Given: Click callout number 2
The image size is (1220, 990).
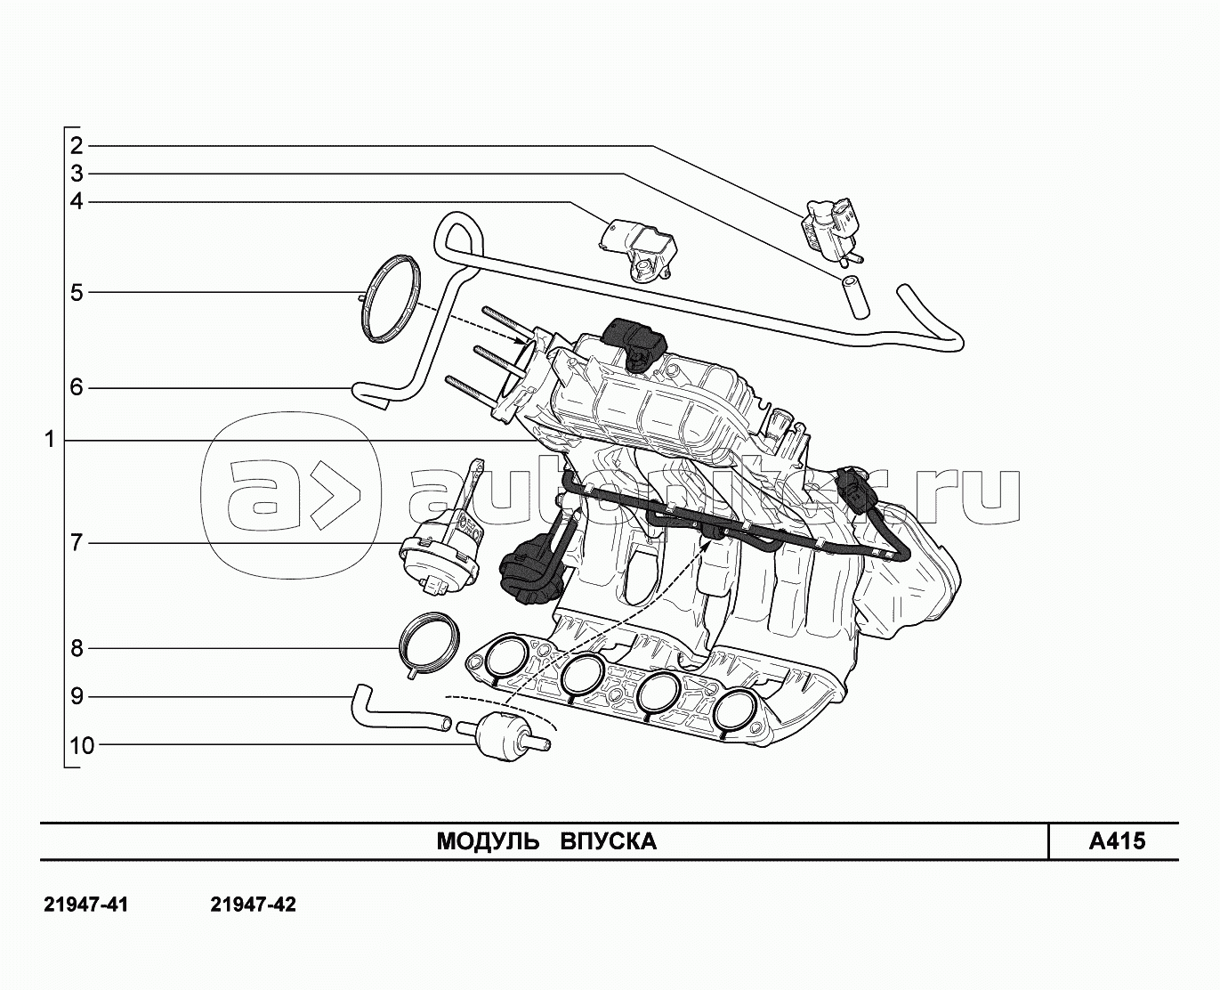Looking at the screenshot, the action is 77,145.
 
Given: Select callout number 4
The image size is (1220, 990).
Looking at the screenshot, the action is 77,202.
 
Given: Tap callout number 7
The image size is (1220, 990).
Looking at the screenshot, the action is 77,542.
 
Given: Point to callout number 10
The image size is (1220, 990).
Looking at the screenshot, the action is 82,746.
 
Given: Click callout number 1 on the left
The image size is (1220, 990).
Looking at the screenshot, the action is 50,440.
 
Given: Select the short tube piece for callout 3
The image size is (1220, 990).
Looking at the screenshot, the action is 854,296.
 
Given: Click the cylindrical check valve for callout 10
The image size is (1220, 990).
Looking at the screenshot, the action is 504,737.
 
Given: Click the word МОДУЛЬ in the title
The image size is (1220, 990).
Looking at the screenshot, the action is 488,841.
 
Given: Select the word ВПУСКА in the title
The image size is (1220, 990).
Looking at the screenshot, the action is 609,841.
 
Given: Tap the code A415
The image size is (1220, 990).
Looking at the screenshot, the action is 1117,841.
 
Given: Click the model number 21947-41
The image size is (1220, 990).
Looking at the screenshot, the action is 86,905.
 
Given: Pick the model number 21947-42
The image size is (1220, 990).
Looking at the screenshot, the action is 253,905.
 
